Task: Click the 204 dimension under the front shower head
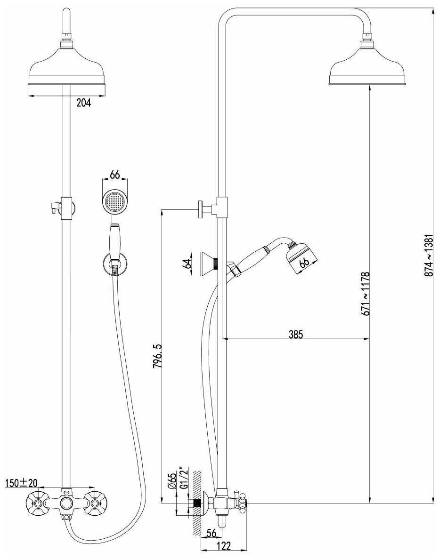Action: pos(84,103)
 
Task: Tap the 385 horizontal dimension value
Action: pos(296,334)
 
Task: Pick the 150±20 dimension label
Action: pos(21,483)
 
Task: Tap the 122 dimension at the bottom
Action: pos(224,546)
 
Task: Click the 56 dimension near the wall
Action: pos(211,533)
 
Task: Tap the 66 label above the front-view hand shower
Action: pos(115,175)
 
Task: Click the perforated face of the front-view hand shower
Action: pos(114,201)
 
